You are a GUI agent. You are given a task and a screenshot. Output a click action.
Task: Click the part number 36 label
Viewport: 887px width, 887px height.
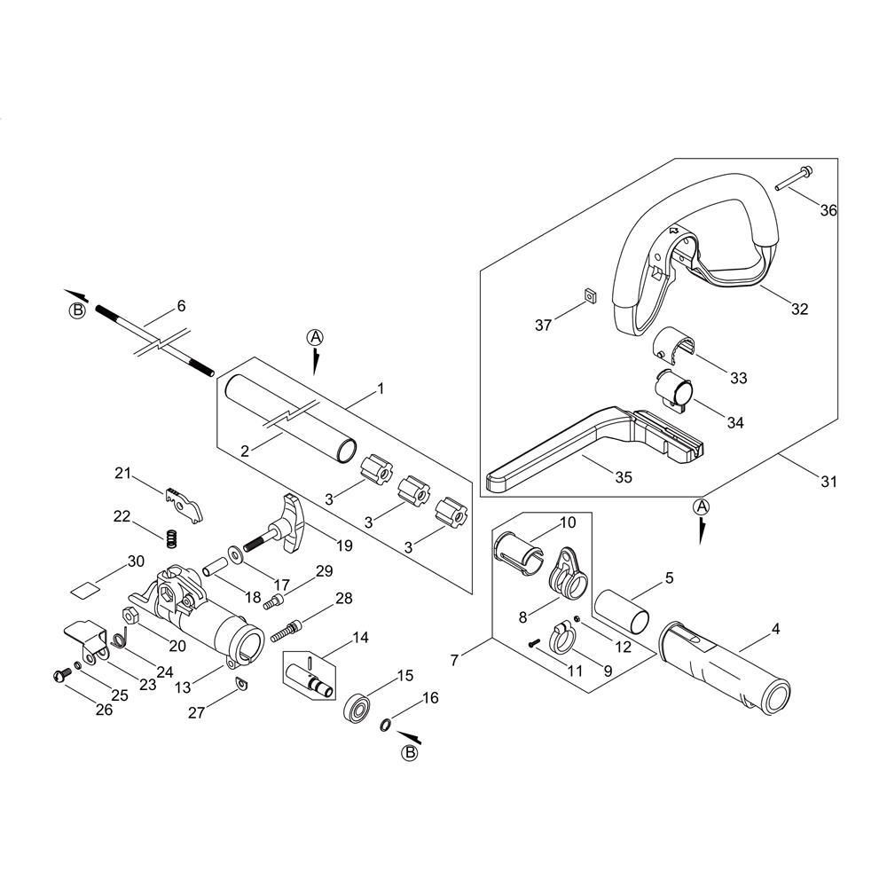pyautogui.click(x=828, y=210)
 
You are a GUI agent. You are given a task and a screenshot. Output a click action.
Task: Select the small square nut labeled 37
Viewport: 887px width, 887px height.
pyautogui.click(x=591, y=294)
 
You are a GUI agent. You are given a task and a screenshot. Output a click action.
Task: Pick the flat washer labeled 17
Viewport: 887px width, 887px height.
pyautogui.click(x=233, y=552)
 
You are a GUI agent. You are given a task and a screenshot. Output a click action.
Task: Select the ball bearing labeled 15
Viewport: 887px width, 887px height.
pyautogui.click(x=357, y=707)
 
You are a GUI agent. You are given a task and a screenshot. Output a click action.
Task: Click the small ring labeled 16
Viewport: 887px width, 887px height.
pyautogui.click(x=385, y=724)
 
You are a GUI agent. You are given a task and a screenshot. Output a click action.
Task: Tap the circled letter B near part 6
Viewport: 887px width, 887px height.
pyautogui.click(x=77, y=310)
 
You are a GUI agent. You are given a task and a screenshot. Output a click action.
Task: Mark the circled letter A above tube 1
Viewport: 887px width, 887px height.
pyautogui.click(x=315, y=337)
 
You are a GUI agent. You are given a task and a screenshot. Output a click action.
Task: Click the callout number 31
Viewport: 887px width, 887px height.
pyautogui.click(x=828, y=482)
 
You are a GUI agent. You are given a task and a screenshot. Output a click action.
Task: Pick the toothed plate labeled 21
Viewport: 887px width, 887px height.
pyautogui.click(x=184, y=505)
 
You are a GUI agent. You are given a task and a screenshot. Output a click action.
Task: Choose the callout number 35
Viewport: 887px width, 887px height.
pyautogui.click(x=624, y=477)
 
